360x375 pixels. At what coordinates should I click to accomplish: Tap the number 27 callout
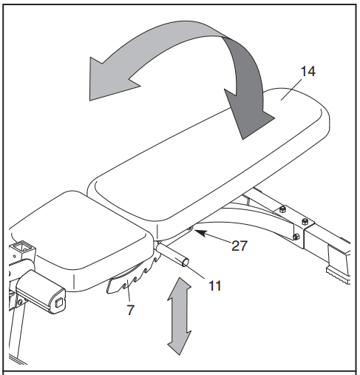[239, 246]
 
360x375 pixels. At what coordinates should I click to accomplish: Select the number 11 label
[213, 283]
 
